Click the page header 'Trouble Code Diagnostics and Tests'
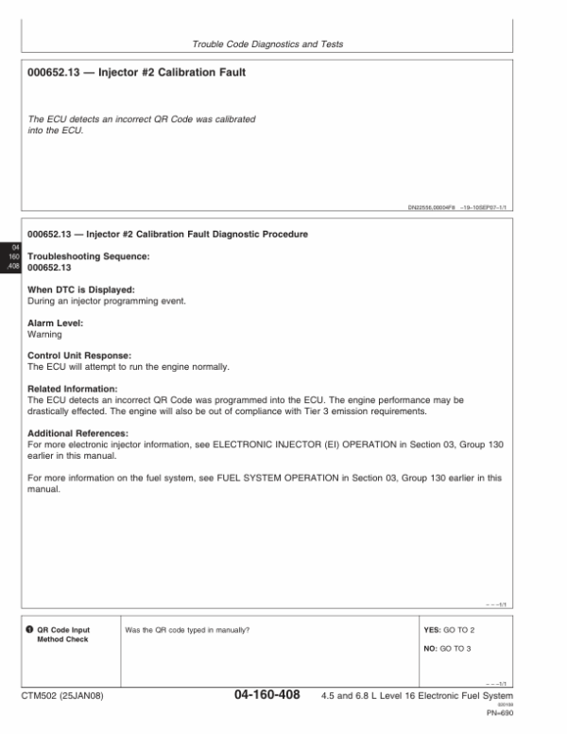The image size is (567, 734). [x=266, y=44]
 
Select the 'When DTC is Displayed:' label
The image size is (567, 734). [x=81, y=288]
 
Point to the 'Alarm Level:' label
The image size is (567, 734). [x=56, y=323]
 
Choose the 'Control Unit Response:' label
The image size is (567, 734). [x=78, y=356]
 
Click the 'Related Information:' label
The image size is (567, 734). [x=73, y=389]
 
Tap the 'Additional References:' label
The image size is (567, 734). [x=77, y=432]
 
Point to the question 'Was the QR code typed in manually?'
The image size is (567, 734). [x=187, y=629]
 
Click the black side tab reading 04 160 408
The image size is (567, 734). [x=13, y=255]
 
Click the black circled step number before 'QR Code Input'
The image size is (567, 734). [x=30, y=629]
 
